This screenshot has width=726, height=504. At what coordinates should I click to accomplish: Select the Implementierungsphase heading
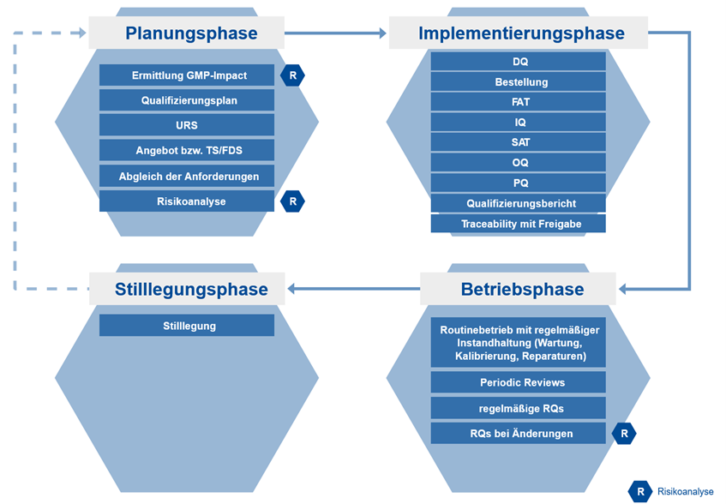point(521,33)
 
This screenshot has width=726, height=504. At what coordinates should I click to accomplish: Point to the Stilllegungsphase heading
point(190,289)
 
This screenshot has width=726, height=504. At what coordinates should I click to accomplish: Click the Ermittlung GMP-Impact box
point(187,75)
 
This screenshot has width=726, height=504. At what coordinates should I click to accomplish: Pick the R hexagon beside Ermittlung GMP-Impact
point(293,75)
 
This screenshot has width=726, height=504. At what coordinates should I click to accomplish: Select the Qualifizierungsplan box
point(187,100)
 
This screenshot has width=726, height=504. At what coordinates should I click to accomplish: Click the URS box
point(187,125)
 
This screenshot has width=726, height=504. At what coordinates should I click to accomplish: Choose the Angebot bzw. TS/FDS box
point(187,151)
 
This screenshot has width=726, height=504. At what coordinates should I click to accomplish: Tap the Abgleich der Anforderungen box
point(187,176)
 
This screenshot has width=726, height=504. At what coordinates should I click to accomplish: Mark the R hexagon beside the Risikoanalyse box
point(293,201)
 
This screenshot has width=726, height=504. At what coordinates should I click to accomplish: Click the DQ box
point(518,62)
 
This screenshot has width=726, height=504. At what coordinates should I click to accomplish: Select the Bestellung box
point(518,82)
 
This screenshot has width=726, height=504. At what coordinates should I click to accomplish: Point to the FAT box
point(518,102)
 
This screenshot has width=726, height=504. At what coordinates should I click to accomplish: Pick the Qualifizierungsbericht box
point(518,203)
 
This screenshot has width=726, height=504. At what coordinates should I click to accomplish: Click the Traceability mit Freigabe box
point(518,224)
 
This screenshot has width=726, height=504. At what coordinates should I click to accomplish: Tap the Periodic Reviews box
point(518,382)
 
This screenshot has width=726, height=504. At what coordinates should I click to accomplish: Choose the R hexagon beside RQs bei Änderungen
point(624,434)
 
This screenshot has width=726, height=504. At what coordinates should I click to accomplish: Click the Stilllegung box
point(187,326)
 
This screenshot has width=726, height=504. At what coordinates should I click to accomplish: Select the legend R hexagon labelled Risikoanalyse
point(640,491)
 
